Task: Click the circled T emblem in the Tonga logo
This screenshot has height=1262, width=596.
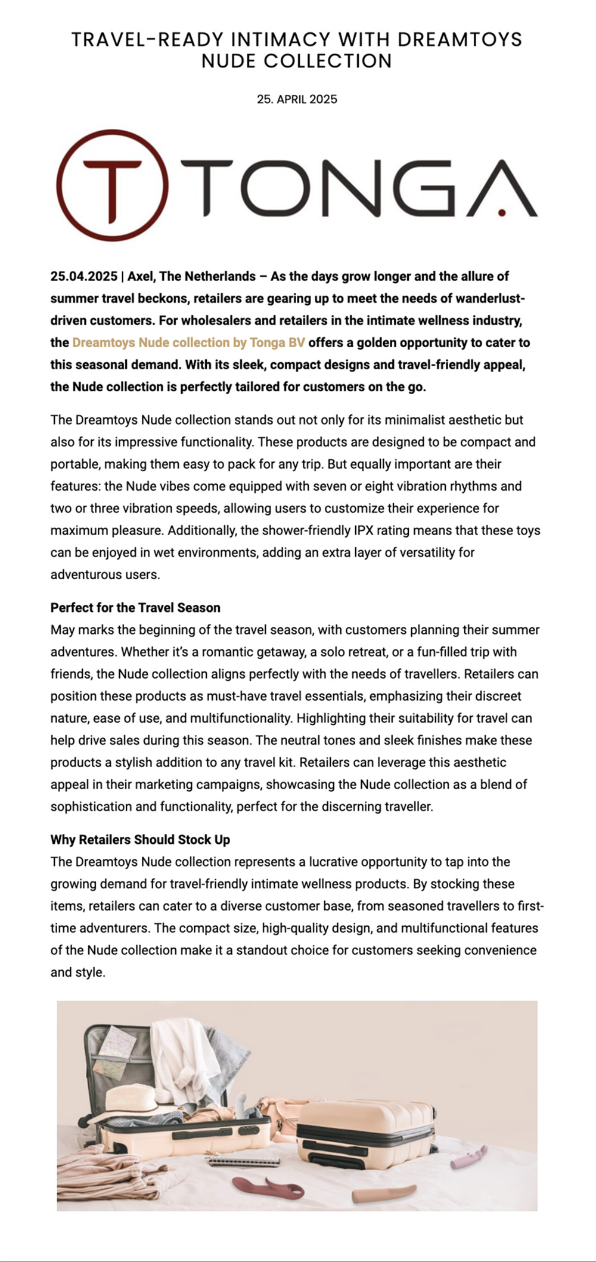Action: (113, 185)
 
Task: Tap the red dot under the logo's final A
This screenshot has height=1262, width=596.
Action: (502, 212)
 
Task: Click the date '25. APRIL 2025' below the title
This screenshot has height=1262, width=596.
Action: (297, 100)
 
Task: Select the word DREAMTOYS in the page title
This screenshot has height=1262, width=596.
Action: (460, 40)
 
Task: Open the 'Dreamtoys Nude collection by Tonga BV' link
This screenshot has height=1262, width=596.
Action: (188, 343)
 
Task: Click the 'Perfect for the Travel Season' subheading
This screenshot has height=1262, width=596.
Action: (135, 608)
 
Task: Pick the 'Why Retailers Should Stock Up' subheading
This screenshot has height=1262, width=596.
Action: (140, 840)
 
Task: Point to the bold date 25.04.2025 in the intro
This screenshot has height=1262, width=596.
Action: (83, 277)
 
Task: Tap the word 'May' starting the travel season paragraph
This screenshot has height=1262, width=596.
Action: (63, 630)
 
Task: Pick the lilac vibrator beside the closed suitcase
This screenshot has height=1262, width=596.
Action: (468, 1156)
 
